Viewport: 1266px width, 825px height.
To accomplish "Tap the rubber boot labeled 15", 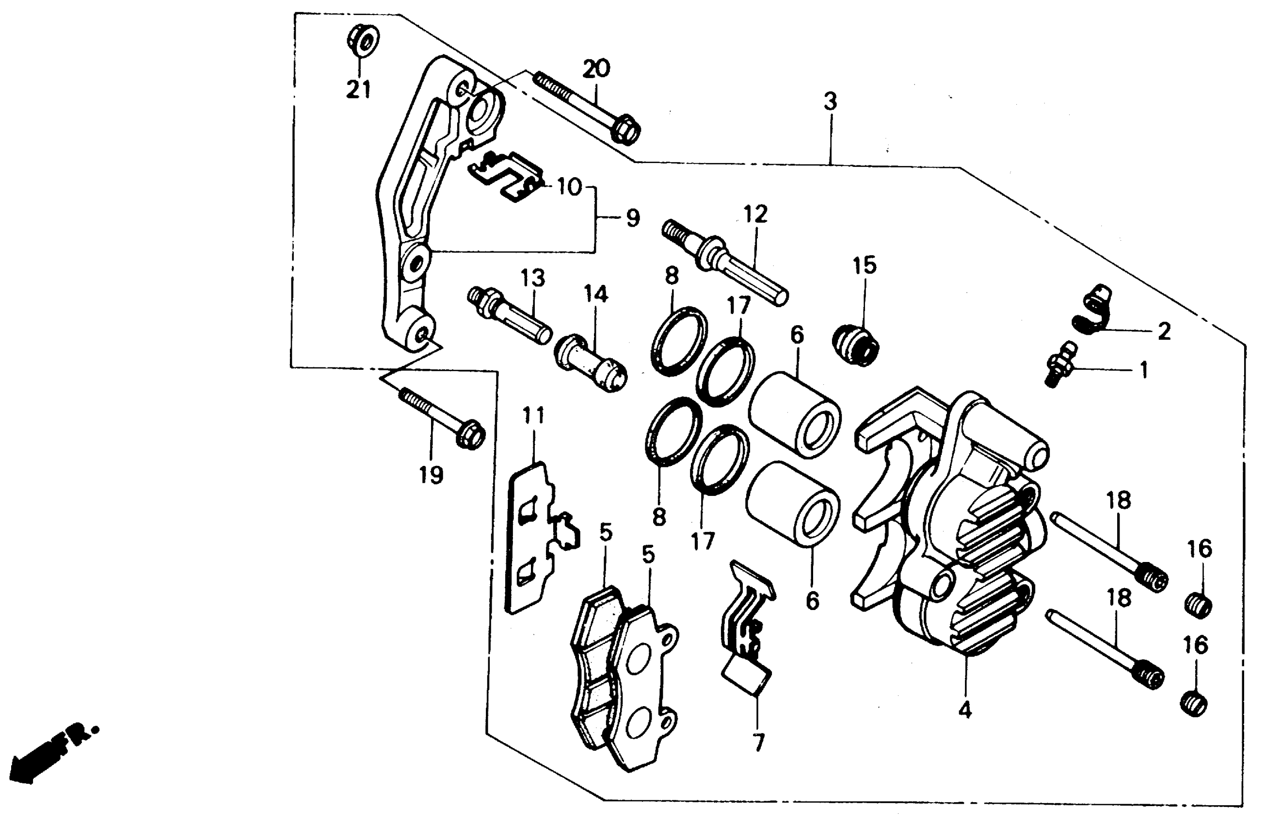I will coord(855,346).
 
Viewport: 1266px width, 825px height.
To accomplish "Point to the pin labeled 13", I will coord(511,317).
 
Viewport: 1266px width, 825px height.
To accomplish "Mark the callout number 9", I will coord(632,218).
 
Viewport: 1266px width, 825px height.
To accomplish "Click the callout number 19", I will coord(431,475).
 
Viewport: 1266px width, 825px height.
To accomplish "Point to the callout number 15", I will coord(865,264).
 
